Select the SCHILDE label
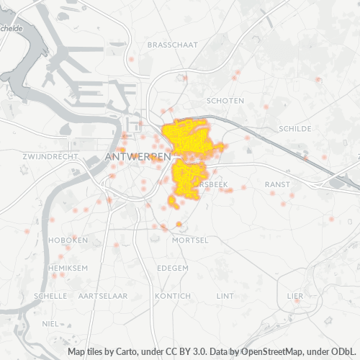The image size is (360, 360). (x=294, y=129)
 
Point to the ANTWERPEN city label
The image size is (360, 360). (x=138, y=156)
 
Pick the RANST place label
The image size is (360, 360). (x=277, y=184)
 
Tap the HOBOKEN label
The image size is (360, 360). (x=68, y=240)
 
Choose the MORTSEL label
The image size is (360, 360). (x=191, y=240)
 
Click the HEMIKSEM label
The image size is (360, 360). (x=68, y=267)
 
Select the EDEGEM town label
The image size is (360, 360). (x=172, y=267)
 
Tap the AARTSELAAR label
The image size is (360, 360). (x=103, y=296)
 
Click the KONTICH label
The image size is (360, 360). (x=173, y=296)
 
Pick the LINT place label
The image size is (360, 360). (x=225, y=296)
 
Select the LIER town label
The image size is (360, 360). (x=295, y=296)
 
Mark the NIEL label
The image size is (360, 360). (x=50, y=324)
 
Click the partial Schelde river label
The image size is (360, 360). (x=12, y=29)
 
